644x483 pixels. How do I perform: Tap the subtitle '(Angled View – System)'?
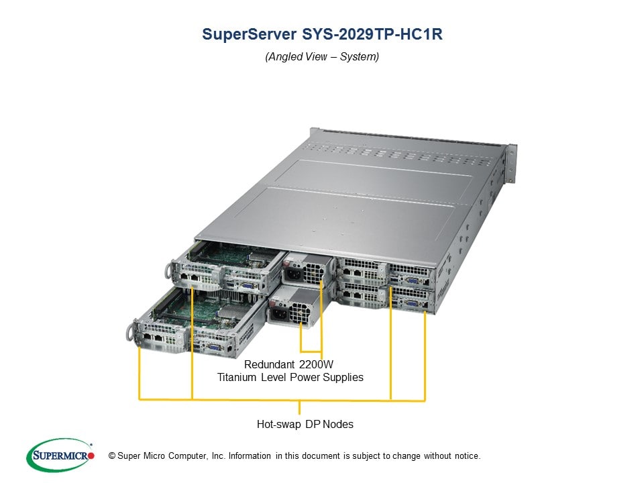pyautogui.click(x=322, y=57)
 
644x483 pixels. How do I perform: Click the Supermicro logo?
pyautogui.click(x=61, y=455)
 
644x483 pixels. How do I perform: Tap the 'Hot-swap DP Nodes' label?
pyautogui.click(x=305, y=424)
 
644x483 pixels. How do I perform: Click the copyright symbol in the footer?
pyautogui.click(x=103, y=456)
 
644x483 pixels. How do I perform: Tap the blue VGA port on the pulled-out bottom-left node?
pyautogui.click(x=213, y=347)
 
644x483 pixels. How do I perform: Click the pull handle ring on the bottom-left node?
pyautogui.click(x=130, y=331)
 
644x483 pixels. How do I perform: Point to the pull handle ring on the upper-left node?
pyautogui.click(x=167, y=270)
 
